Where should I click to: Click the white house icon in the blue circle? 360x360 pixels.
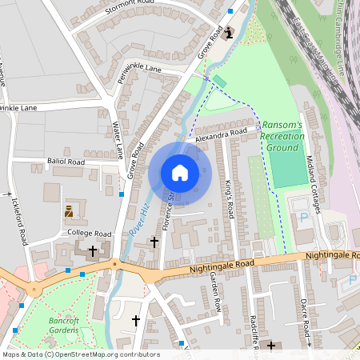180,173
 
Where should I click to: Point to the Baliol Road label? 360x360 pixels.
66,162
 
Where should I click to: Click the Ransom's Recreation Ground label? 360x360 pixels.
282,137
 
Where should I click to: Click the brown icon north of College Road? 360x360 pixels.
69,213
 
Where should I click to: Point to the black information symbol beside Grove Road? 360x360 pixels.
230,33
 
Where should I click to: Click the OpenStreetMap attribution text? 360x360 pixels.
80,354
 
